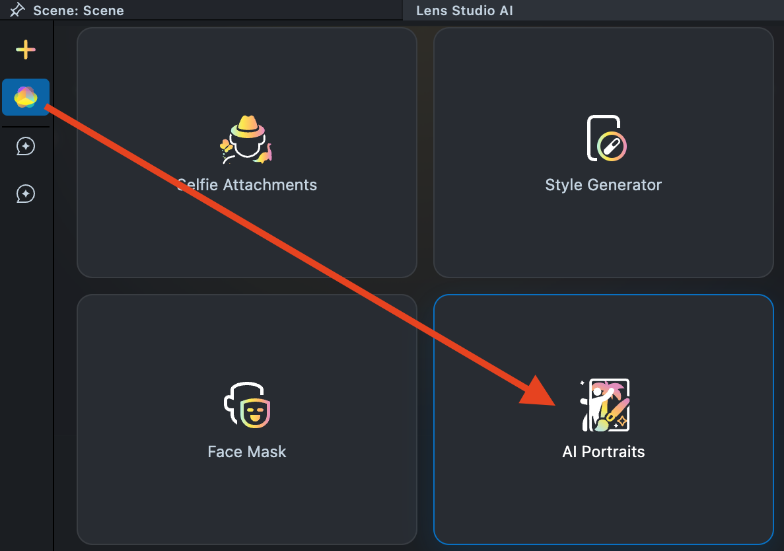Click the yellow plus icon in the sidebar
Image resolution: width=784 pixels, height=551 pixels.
(x=25, y=50)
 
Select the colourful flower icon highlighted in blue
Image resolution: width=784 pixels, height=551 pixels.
(x=25, y=97)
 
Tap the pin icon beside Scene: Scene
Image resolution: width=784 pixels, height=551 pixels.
(x=17, y=10)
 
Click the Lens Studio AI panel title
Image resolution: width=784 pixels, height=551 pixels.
(x=464, y=11)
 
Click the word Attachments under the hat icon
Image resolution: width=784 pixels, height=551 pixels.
(x=270, y=185)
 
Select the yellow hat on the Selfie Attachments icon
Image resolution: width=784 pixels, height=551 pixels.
(x=247, y=124)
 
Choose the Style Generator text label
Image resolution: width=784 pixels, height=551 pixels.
(x=603, y=185)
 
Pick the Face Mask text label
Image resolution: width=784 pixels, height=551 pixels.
(x=247, y=452)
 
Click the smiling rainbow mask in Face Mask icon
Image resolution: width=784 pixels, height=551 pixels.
(x=256, y=413)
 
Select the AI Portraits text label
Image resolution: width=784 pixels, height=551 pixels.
(x=603, y=452)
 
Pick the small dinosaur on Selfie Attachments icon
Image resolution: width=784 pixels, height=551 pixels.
(x=266, y=154)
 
